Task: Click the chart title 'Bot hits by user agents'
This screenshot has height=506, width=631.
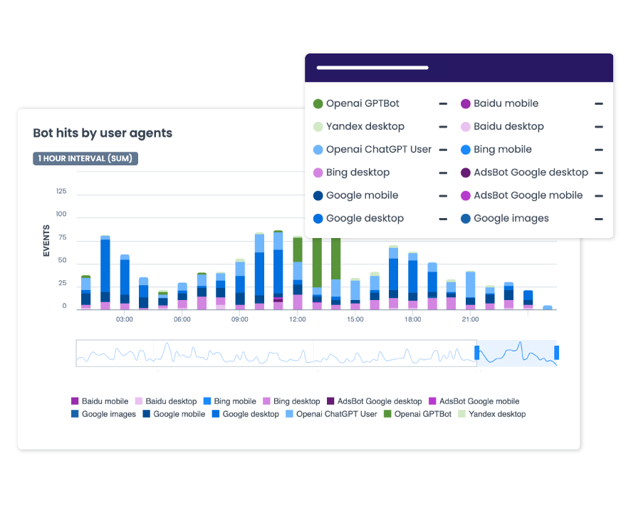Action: coord(103,133)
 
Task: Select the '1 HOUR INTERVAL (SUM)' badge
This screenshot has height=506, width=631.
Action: coord(85,158)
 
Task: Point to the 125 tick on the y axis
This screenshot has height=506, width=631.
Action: coord(61,192)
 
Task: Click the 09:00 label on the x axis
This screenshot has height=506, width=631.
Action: coord(240,319)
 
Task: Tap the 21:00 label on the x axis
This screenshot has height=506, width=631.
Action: coord(470,319)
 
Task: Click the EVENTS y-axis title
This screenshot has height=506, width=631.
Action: coord(47,241)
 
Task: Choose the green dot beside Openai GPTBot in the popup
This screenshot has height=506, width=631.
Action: coord(318,104)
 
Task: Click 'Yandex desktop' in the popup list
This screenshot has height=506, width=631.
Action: coord(365,127)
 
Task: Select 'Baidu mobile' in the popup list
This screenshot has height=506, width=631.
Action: coord(506,104)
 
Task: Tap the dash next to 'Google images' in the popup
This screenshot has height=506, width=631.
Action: coord(599,219)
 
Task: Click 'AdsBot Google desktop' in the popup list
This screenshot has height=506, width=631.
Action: coord(531,172)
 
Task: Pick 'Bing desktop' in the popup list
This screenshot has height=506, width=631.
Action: coord(358,172)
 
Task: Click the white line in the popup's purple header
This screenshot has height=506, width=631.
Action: coord(372,68)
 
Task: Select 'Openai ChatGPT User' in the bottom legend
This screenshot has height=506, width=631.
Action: coord(337,414)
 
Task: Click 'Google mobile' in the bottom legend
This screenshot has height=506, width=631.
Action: coord(179,414)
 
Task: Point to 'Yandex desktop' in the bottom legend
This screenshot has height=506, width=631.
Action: coord(497,414)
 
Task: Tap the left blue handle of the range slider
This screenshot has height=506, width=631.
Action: coord(478,352)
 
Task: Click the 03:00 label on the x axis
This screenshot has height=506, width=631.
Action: coord(125,319)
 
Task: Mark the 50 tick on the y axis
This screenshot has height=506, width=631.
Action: coord(62,261)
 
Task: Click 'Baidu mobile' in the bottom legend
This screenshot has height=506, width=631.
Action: coord(105,401)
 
